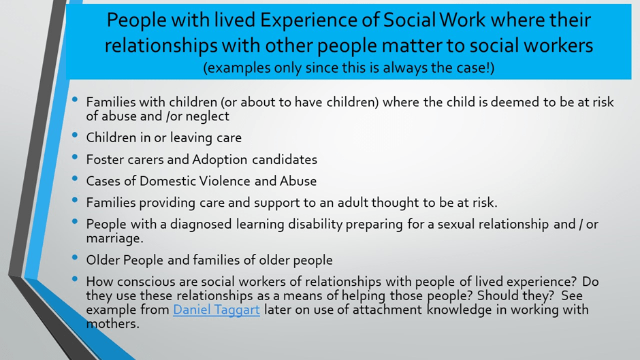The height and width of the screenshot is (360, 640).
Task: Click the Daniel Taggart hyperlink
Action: (x=217, y=310)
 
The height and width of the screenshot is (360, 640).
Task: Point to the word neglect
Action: (x=208, y=116)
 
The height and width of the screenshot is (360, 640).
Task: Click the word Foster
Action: (x=105, y=160)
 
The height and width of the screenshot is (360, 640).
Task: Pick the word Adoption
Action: (x=220, y=160)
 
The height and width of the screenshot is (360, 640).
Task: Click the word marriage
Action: (x=114, y=238)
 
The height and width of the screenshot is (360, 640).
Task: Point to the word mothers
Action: (x=112, y=324)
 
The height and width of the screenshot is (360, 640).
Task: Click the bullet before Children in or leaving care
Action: (x=75, y=135)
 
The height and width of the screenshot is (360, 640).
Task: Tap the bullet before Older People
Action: (x=75, y=257)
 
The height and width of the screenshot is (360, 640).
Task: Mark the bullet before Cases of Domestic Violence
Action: (x=75, y=178)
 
